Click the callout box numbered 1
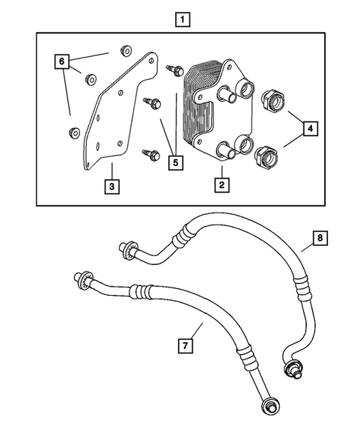coord(183,19)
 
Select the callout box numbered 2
coord(222,185)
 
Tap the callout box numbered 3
coord(112,186)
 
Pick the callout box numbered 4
coord(310,129)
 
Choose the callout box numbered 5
coord(176,162)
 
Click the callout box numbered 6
coord(62,61)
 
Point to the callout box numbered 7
coord(186,345)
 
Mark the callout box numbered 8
coord(320,238)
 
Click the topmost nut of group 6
coord(126,51)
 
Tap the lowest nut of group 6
coord(74,133)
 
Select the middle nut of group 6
coord(91,79)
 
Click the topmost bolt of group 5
coord(175,70)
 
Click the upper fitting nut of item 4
coord(272,101)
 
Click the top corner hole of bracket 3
coord(151,61)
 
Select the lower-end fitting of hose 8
coord(294,369)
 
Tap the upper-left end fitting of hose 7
coord(83,279)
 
